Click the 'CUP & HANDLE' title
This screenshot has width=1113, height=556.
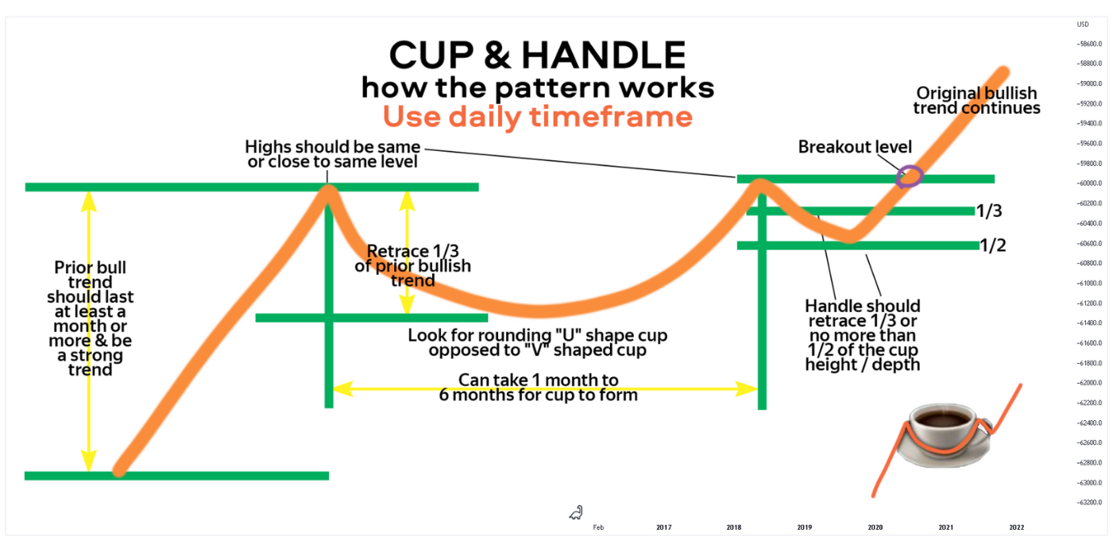(x=538, y=55)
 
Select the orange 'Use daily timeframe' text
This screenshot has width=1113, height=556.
(x=538, y=117)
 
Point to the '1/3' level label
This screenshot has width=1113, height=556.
(x=989, y=211)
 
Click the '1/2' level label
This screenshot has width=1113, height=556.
(x=993, y=245)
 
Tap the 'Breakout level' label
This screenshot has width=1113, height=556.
(x=855, y=147)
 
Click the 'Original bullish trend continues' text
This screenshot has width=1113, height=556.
(x=976, y=100)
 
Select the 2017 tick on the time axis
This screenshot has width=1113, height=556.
(x=664, y=527)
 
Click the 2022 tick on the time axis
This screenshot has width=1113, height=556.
(x=1017, y=527)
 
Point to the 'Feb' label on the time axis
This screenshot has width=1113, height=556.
(x=598, y=527)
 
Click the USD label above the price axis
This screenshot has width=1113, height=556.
(x=1083, y=25)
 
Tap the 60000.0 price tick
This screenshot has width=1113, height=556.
(x=1090, y=183)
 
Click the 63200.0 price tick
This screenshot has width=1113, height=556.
(x=1090, y=502)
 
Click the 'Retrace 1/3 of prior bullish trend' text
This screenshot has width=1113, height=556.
(x=412, y=266)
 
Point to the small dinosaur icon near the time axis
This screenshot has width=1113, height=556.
(x=576, y=513)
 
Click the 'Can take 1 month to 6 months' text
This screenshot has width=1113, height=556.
(x=538, y=387)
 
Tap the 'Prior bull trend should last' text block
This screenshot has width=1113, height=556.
(x=90, y=319)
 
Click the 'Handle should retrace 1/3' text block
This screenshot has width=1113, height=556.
(x=863, y=335)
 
